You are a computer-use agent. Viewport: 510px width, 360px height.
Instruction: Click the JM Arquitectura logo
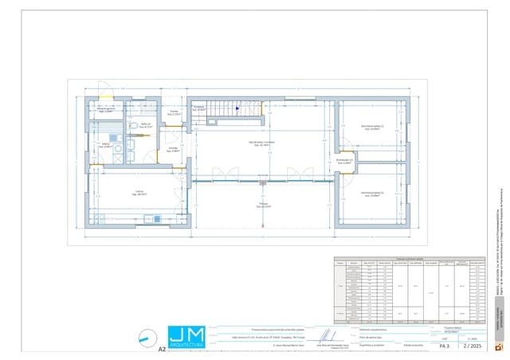[x=186, y=338]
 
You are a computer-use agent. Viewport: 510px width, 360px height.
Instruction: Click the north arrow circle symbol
[x=145, y=338]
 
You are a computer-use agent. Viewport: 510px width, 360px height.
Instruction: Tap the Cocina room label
[x=139, y=193]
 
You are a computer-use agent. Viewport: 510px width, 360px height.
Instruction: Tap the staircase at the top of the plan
[x=226, y=110]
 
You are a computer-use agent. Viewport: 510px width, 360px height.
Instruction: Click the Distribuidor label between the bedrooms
[x=344, y=161]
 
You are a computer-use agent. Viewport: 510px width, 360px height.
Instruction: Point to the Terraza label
[x=263, y=205]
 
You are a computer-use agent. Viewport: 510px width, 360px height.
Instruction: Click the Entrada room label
[x=173, y=149]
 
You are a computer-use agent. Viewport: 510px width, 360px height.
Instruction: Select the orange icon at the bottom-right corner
[x=500, y=347]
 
